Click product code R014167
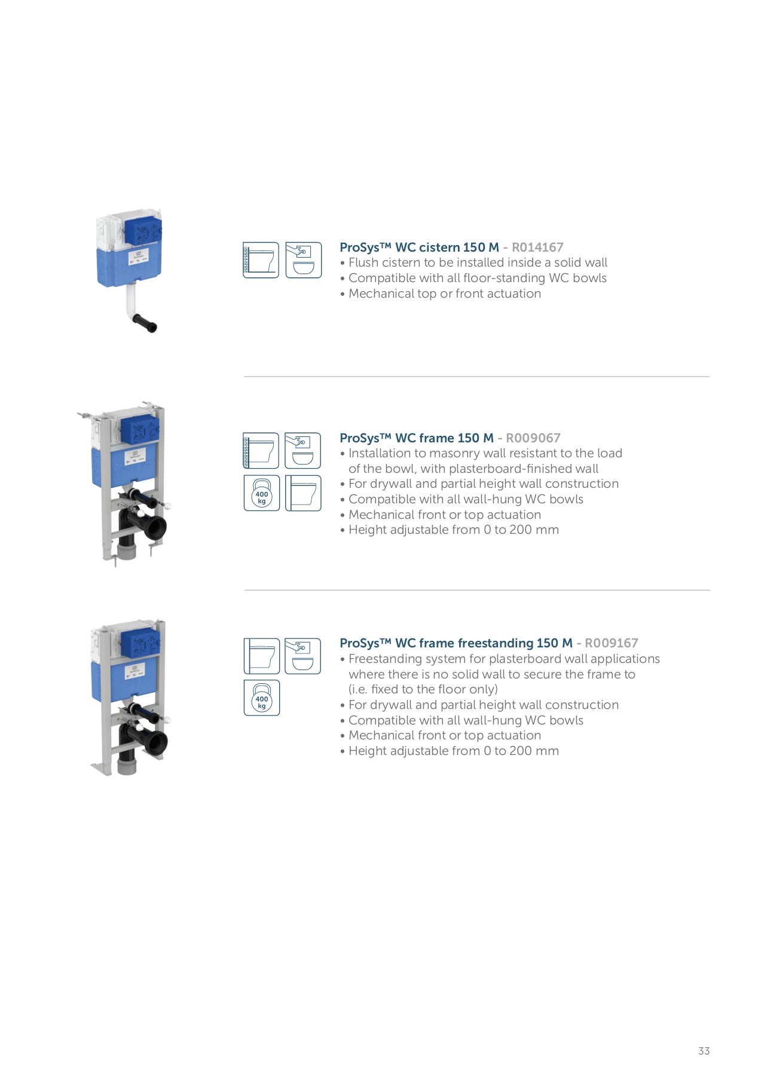(537, 247)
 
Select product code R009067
(533, 438)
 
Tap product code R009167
(611, 643)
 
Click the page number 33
(704, 1051)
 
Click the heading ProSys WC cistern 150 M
(418, 247)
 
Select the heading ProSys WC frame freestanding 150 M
(456, 643)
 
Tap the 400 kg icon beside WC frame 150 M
(261, 493)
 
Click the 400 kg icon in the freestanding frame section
(261, 698)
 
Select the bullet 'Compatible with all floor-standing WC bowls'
(477, 278)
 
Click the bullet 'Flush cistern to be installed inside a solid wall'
(477, 262)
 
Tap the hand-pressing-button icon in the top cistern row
(303, 260)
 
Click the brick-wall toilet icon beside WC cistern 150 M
(261, 260)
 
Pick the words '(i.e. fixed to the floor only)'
(423, 689)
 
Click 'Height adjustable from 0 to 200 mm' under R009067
(453, 530)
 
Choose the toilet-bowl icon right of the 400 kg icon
(303, 493)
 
